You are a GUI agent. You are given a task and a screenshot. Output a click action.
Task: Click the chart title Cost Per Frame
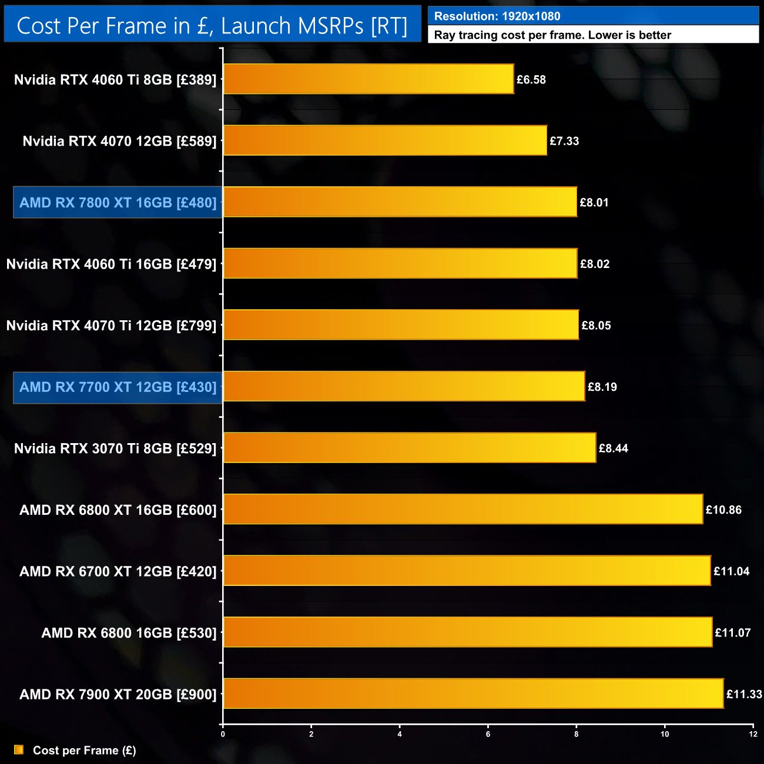click(x=212, y=26)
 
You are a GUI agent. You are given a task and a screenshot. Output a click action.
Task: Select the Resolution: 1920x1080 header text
click(x=497, y=16)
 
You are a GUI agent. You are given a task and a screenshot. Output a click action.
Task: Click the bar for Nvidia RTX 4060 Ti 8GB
click(x=368, y=79)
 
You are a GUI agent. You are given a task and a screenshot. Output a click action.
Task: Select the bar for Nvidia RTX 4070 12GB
click(x=385, y=140)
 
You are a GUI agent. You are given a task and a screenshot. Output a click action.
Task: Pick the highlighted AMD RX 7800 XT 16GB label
click(x=118, y=203)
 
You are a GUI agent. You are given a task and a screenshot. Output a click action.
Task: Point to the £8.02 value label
click(x=595, y=264)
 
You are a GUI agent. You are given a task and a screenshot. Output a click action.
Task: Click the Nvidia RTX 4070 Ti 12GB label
click(x=112, y=326)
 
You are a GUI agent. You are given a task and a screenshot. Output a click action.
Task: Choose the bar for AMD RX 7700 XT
click(x=404, y=387)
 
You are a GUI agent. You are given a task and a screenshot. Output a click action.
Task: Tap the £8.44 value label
click(x=614, y=448)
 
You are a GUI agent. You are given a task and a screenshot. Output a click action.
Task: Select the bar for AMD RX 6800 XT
click(x=463, y=510)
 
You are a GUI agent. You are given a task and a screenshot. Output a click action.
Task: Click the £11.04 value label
click(x=732, y=571)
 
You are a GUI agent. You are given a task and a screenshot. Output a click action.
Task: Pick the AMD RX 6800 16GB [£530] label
click(x=129, y=633)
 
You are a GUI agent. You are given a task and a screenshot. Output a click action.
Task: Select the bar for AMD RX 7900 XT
click(x=473, y=694)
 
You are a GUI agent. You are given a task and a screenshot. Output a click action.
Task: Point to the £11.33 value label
click(x=744, y=695)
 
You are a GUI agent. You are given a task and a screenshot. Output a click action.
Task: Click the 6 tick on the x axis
click(x=488, y=734)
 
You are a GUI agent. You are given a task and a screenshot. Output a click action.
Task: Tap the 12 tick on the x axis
click(x=753, y=734)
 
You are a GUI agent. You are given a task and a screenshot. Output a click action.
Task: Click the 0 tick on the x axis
click(x=223, y=734)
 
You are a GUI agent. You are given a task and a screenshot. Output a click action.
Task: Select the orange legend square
click(x=19, y=750)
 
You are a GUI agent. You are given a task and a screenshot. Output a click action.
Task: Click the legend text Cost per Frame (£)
click(x=85, y=750)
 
